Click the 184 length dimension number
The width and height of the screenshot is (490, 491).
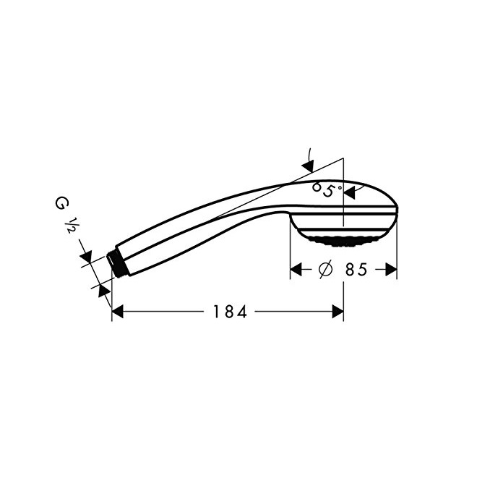(230, 312)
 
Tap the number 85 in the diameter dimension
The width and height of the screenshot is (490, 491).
(356, 269)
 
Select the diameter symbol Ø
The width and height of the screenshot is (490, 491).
(325, 269)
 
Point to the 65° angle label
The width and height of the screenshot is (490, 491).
(327, 189)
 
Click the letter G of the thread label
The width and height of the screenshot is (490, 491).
(60, 203)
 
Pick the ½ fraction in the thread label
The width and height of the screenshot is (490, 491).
(69, 225)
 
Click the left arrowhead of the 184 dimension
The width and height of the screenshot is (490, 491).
(117, 312)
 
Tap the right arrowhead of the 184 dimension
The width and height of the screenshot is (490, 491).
(338, 312)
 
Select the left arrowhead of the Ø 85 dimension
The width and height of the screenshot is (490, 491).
(296, 269)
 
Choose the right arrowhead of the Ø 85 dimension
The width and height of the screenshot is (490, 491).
(391, 269)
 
